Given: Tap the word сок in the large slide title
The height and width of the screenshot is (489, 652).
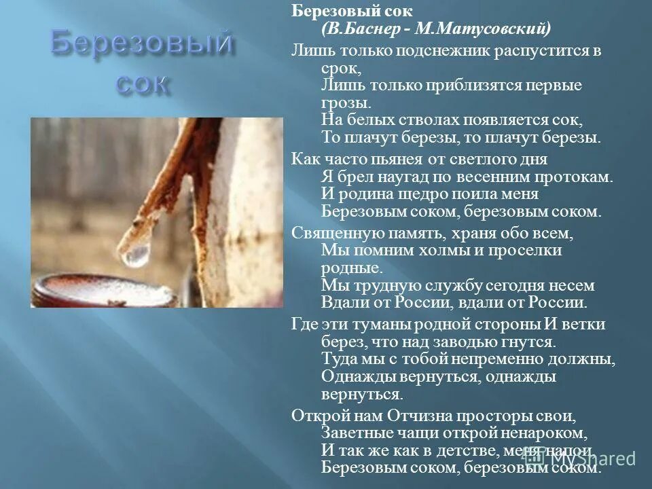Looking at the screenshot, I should tap(142, 84).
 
